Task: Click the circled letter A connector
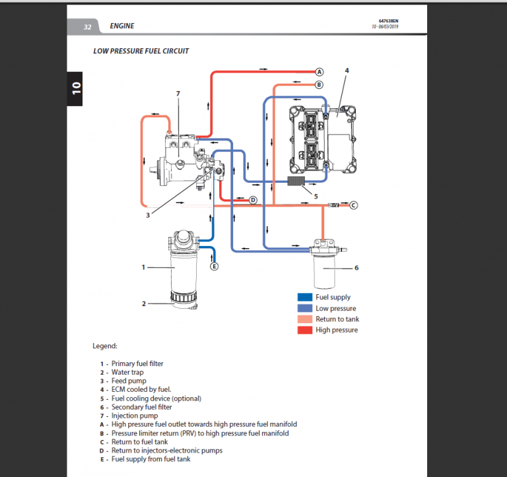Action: [x=318, y=71]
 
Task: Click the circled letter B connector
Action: [x=318, y=84]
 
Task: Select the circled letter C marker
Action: [x=353, y=205]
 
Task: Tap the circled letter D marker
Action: [x=252, y=200]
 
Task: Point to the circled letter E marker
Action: [x=213, y=266]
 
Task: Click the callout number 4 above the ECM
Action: [x=347, y=70]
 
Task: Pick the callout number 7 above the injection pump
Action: [x=178, y=94]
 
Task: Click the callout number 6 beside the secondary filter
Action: [x=356, y=267]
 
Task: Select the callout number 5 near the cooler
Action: [x=315, y=195]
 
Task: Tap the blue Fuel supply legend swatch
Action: [x=304, y=298]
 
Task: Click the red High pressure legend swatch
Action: [x=304, y=330]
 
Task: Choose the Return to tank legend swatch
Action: [x=304, y=319]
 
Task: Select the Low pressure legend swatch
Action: [x=304, y=308]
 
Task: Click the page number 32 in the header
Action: [x=87, y=26]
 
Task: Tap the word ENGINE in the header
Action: [x=122, y=26]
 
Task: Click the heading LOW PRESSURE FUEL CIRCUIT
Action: [x=141, y=50]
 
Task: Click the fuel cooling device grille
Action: [x=300, y=180]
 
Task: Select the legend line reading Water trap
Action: [x=127, y=372]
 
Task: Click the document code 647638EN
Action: [x=388, y=22]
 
